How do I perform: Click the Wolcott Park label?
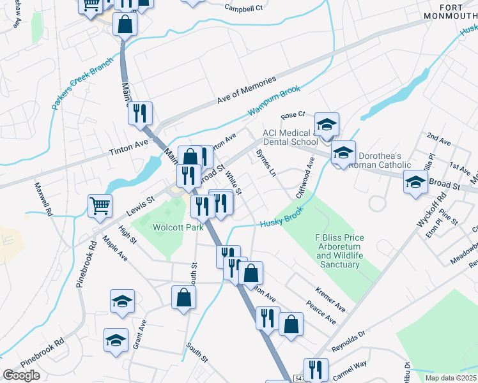click(x=173, y=227)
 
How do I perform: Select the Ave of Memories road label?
click(x=246, y=91)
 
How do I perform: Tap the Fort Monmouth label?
click(x=451, y=10)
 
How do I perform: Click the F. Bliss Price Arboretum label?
click(x=339, y=251)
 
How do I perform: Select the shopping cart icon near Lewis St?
click(x=100, y=206)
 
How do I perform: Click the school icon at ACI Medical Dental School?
click(x=327, y=124)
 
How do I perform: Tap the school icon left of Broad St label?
click(x=415, y=183)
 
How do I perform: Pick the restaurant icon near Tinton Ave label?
click(x=140, y=113)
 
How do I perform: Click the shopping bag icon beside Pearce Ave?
click(x=291, y=324)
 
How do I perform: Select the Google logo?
click(x=21, y=375)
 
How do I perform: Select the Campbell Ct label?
click(x=243, y=8)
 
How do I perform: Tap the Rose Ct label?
click(x=293, y=116)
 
